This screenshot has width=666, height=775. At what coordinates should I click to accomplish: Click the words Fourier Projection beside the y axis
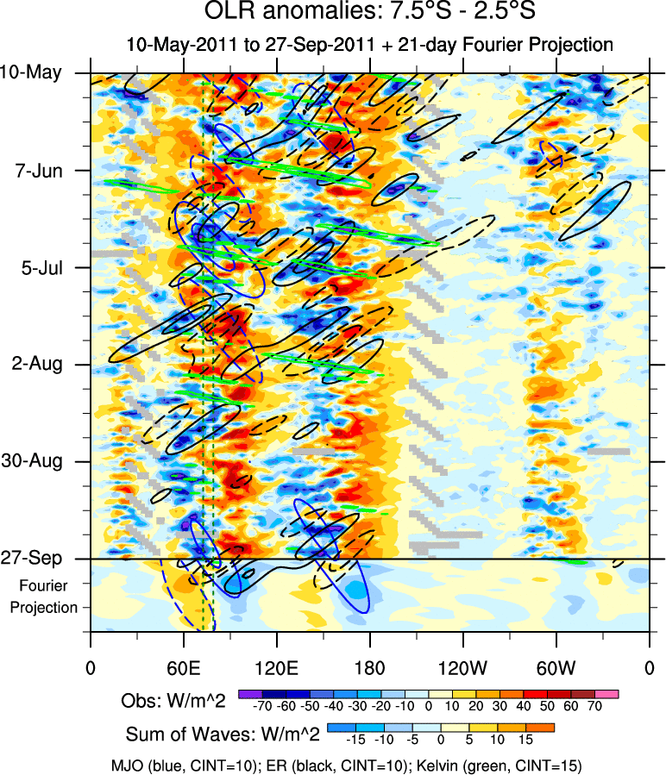pos(44,597)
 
